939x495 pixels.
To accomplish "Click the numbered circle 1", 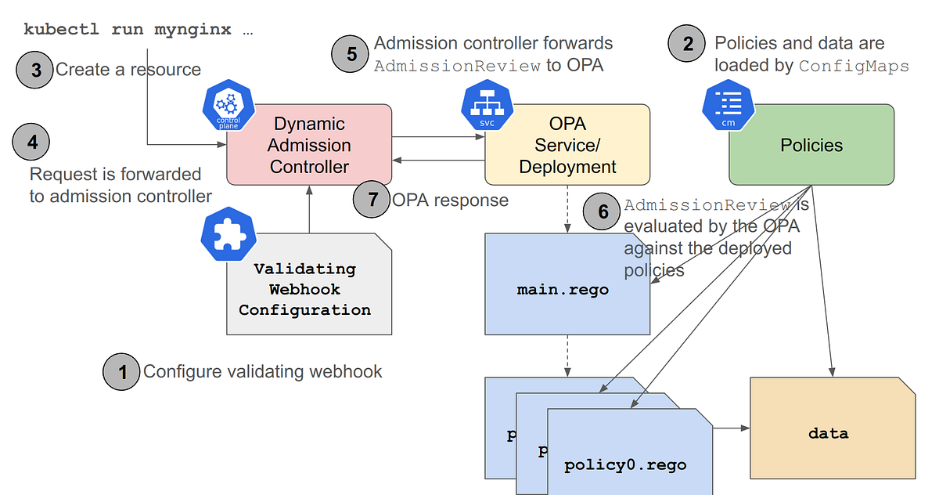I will point(121,371).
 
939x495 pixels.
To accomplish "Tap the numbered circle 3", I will point(35,70).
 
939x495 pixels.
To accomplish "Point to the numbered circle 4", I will point(31,143).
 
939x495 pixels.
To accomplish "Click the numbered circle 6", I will point(603,211).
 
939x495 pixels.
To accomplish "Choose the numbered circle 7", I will point(372,200).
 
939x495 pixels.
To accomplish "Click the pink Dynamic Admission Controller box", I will point(309,145).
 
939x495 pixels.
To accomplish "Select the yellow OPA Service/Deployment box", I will point(567,145).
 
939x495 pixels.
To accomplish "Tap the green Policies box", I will point(811,145).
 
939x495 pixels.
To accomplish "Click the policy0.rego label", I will point(625,464).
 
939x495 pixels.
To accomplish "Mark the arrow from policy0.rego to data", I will point(732,428).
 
